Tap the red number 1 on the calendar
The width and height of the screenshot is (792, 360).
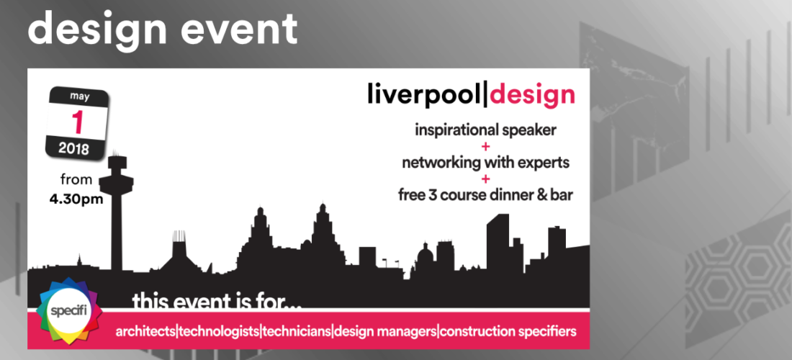tap(77, 121)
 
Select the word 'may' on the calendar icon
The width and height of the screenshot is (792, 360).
tap(78, 96)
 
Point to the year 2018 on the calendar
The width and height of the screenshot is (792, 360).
tap(73, 148)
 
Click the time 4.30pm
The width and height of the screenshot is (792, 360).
tap(76, 199)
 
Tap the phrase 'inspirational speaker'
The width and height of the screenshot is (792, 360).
tap(485, 130)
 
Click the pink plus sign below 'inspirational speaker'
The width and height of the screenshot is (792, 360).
tap(485, 147)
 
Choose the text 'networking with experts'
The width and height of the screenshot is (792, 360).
tap(485, 163)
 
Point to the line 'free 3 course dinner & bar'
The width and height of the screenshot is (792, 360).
tap(485, 195)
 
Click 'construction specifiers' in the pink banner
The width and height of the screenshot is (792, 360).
tap(508, 332)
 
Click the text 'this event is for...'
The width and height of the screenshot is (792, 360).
tap(217, 301)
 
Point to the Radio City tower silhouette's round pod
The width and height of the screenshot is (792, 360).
tap(116, 177)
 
